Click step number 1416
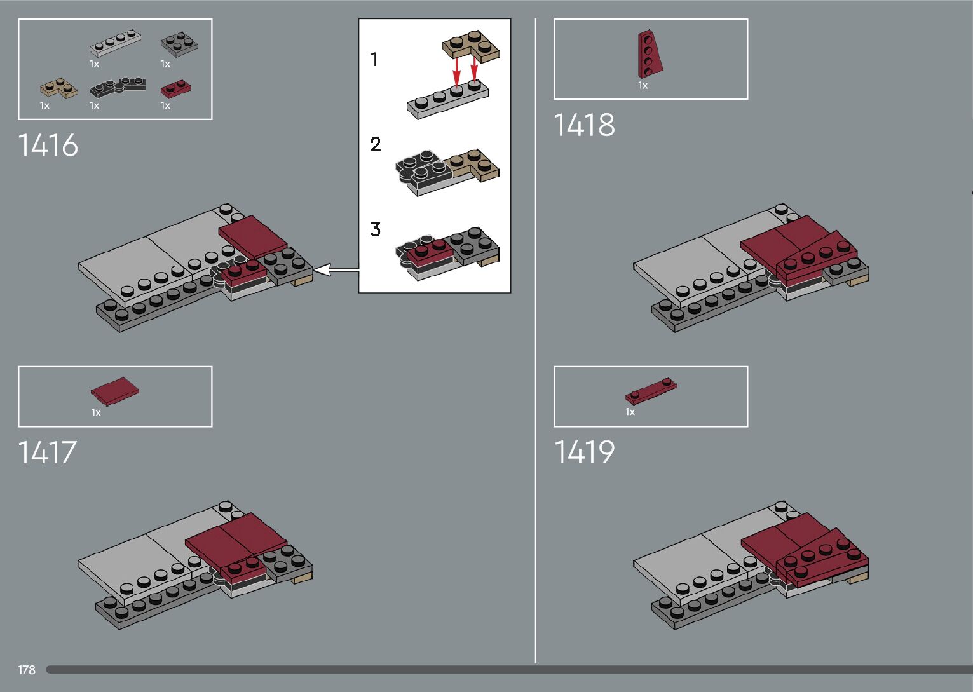48,145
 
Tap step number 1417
47,452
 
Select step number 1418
584,125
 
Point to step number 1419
584,452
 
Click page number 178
27,670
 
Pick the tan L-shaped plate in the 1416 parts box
58,88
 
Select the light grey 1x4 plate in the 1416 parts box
115,43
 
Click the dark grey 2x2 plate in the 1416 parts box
179,44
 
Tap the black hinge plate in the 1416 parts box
118,87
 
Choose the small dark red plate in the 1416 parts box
175,88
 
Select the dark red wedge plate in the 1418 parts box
650,53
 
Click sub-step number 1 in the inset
374,60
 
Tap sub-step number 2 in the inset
375,145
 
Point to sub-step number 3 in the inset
375,229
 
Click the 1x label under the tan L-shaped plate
44,105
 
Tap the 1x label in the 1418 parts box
643,85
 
